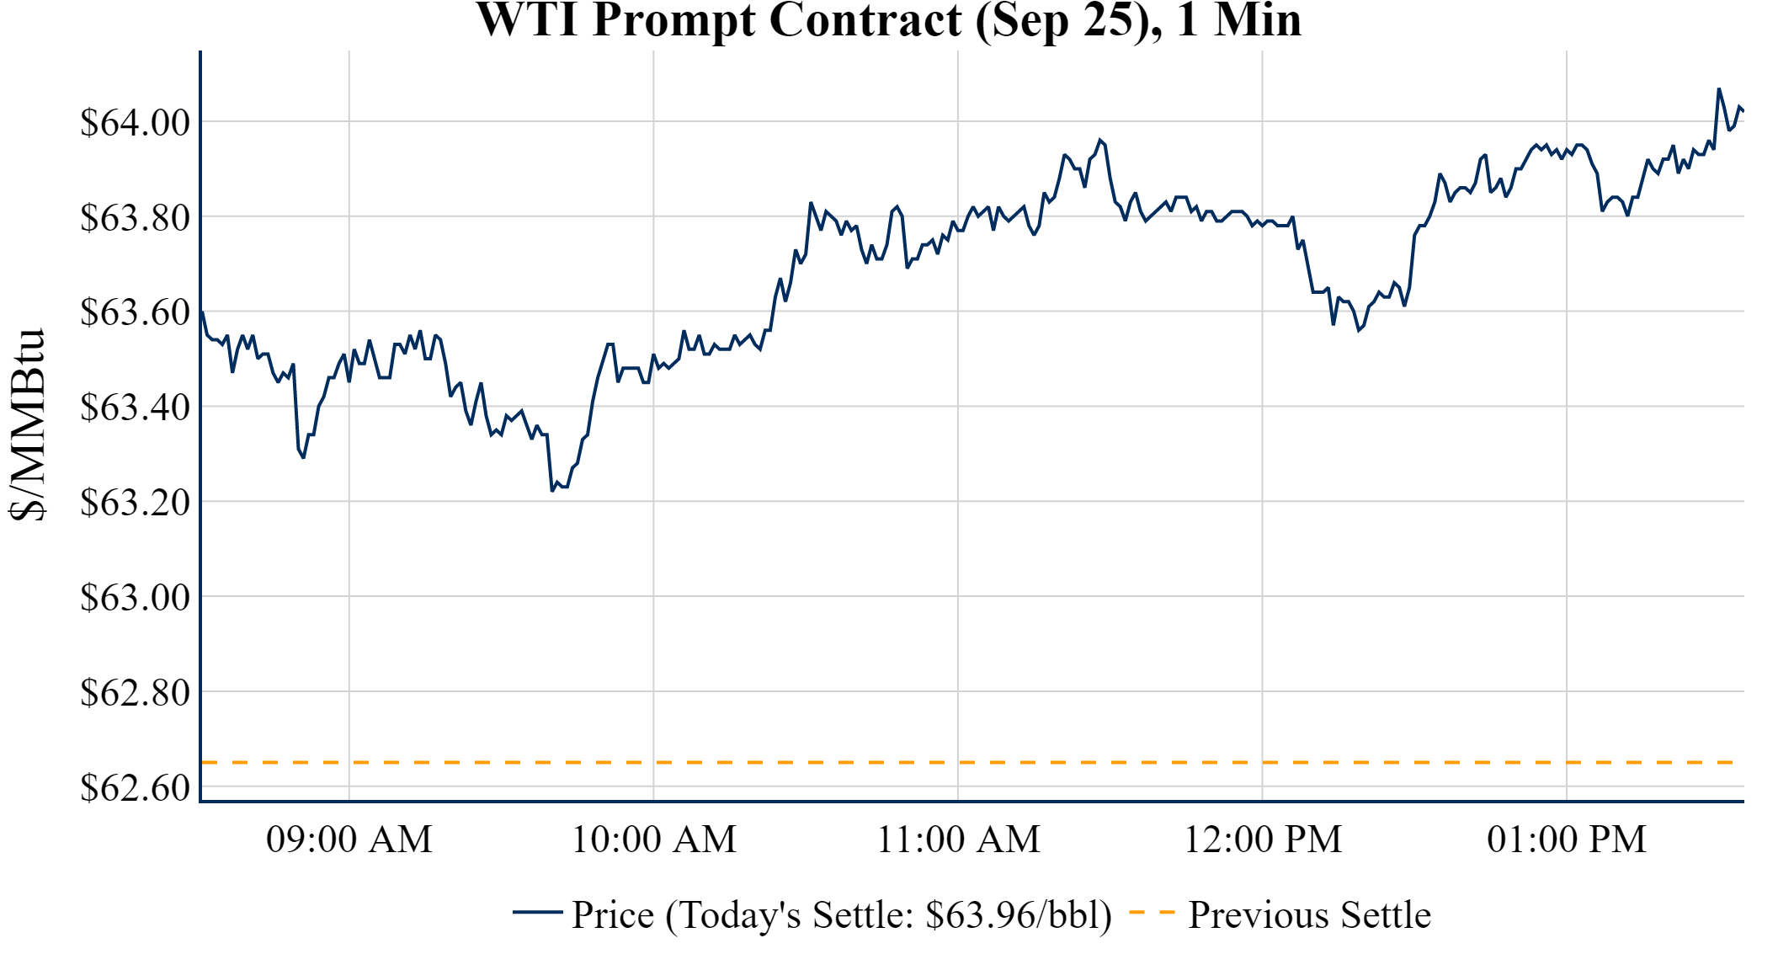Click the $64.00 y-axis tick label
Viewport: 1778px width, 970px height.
click(x=135, y=122)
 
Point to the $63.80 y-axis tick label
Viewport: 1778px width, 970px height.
click(x=135, y=217)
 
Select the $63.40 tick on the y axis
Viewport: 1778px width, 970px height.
click(x=135, y=408)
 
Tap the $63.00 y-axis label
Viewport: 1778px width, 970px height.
click(x=135, y=597)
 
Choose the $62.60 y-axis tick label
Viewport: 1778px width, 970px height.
click(x=135, y=787)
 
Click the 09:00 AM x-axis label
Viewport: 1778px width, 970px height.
click(x=349, y=839)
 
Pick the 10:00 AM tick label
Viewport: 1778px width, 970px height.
click(x=654, y=839)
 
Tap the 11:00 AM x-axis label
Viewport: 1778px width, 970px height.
click(x=958, y=839)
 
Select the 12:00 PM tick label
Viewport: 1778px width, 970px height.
click(x=1263, y=839)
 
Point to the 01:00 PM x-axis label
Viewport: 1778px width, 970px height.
click(x=1567, y=839)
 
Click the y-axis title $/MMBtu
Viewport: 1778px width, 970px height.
click(x=27, y=424)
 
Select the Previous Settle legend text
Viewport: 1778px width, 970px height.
click(x=1309, y=914)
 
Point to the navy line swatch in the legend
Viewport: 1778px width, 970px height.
click(x=537, y=912)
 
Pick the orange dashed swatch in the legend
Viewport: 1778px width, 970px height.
click(x=1151, y=912)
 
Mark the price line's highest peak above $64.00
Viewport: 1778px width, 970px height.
click(x=1719, y=88)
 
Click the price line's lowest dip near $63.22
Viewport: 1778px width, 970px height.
click(x=552, y=490)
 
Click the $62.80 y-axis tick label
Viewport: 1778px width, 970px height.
click(x=135, y=692)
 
